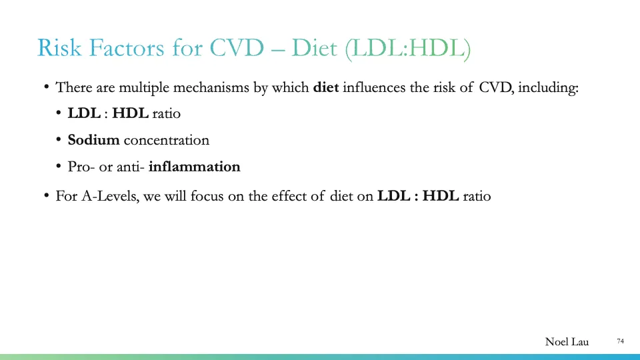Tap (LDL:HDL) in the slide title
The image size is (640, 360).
tap(408, 49)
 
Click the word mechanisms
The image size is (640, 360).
tap(211, 87)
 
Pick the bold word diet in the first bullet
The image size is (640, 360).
tap(326, 87)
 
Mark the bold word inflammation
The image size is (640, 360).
tap(194, 167)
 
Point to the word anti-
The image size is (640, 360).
tap(131, 167)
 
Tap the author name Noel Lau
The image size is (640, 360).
tap(567, 342)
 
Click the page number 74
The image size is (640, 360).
tap(620, 341)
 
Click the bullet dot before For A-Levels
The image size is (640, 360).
tap(47, 197)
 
